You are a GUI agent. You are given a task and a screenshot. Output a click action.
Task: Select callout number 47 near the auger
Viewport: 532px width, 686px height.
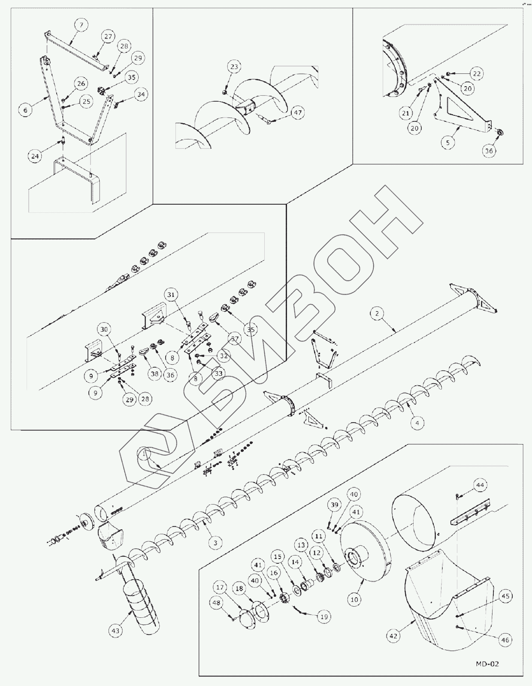[x=297, y=113]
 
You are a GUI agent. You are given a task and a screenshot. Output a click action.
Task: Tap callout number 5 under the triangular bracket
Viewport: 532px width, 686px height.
[x=448, y=142]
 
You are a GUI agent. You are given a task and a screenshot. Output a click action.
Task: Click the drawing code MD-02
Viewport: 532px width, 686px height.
[x=487, y=664]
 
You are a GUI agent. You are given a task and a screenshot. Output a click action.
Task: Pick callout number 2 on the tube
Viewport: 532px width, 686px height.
[x=377, y=313]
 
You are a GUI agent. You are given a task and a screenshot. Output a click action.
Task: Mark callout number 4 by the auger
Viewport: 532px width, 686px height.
[x=417, y=422]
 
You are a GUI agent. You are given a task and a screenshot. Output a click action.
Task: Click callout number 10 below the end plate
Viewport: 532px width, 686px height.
[x=354, y=599]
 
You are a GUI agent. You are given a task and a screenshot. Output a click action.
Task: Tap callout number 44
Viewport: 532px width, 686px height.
[x=480, y=485]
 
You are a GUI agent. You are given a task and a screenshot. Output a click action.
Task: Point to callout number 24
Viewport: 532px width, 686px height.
[x=35, y=156]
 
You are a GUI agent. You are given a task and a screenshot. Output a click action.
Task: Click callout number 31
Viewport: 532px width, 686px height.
[x=171, y=295]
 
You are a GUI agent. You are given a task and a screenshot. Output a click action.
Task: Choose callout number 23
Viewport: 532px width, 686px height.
[x=235, y=67]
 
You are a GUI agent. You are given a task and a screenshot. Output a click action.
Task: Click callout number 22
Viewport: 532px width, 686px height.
[x=477, y=73]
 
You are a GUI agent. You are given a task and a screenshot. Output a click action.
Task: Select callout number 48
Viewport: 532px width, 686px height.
[x=216, y=603]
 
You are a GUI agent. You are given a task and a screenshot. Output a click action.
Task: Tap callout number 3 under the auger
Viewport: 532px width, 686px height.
[x=215, y=542]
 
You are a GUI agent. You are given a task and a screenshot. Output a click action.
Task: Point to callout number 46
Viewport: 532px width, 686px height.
[x=505, y=640]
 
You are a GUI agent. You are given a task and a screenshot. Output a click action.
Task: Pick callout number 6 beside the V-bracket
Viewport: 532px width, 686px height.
[x=25, y=110]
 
